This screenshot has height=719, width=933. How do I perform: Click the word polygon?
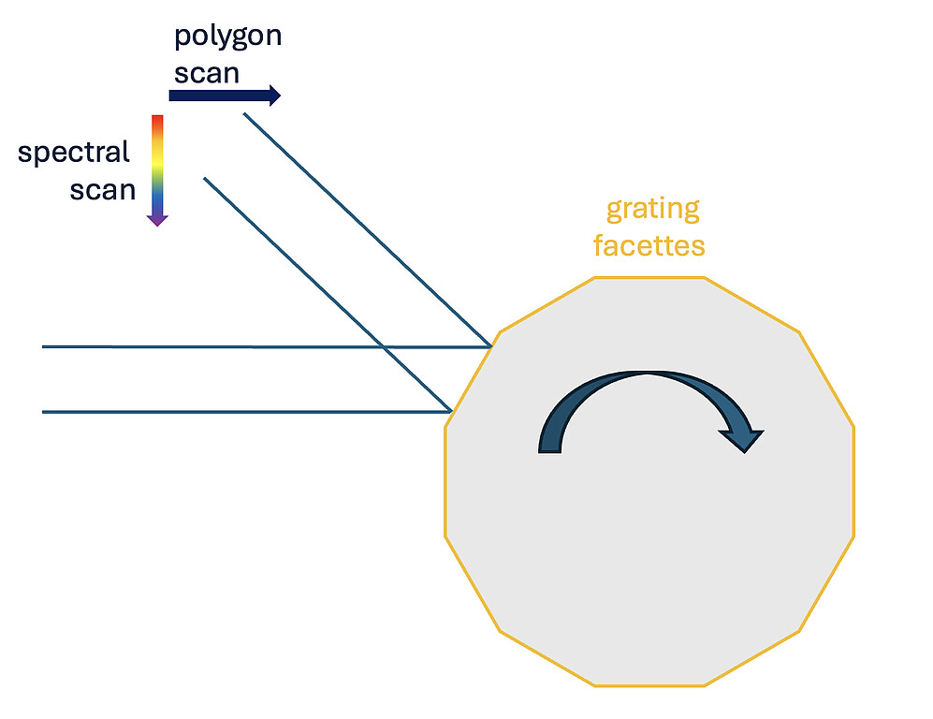point(227,37)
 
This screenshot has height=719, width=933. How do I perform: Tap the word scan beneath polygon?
point(207,72)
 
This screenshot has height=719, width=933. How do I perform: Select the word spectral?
point(73,152)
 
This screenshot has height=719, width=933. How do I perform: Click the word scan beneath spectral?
point(103,189)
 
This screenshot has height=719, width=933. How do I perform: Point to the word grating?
point(652,208)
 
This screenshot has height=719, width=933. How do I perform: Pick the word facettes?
point(649,245)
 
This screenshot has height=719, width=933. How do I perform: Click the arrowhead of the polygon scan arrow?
point(271,95)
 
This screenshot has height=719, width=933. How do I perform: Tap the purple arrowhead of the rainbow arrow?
point(157,219)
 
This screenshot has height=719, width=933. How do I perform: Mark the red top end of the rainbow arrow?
point(157,120)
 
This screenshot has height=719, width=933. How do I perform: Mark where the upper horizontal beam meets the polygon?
point(491,347)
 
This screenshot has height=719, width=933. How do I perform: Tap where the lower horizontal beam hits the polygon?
point(452,412)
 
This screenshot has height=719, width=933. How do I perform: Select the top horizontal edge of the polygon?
point(649,278)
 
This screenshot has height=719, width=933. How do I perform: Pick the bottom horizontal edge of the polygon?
point(649,686)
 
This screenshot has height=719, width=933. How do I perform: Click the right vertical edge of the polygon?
point(853,482)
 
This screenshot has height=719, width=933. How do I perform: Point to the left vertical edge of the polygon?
point(445,482)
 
